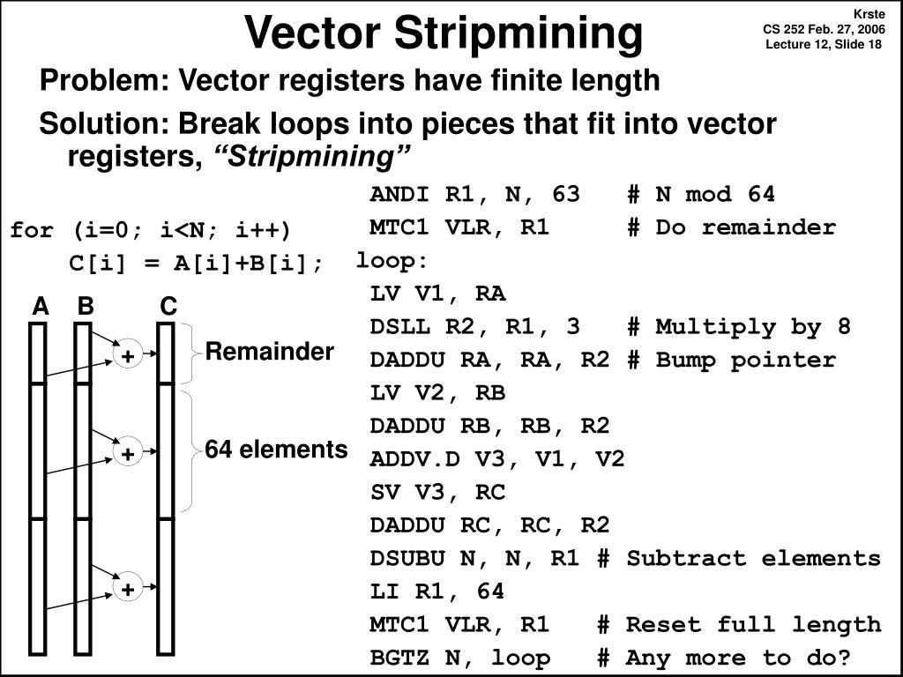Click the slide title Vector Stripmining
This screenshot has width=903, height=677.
[444, 33]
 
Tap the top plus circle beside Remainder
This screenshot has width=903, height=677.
[128, 356]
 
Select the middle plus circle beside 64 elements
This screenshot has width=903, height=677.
[128, 454]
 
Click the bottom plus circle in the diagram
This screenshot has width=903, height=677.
[128, 589]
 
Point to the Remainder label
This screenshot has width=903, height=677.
[269, 353]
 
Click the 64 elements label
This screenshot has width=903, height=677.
[276, 450]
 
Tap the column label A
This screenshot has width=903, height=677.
[40, 307]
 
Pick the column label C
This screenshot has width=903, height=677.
[168, 307]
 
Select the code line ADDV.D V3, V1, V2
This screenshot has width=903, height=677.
[497, 459]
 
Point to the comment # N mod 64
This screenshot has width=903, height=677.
[701, 195]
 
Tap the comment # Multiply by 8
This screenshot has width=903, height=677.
[739, 327]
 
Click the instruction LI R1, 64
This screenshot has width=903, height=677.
[437, 591]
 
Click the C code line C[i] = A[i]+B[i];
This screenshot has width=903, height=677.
[197, 264]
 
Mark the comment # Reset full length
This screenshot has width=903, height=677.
[739, 625]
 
